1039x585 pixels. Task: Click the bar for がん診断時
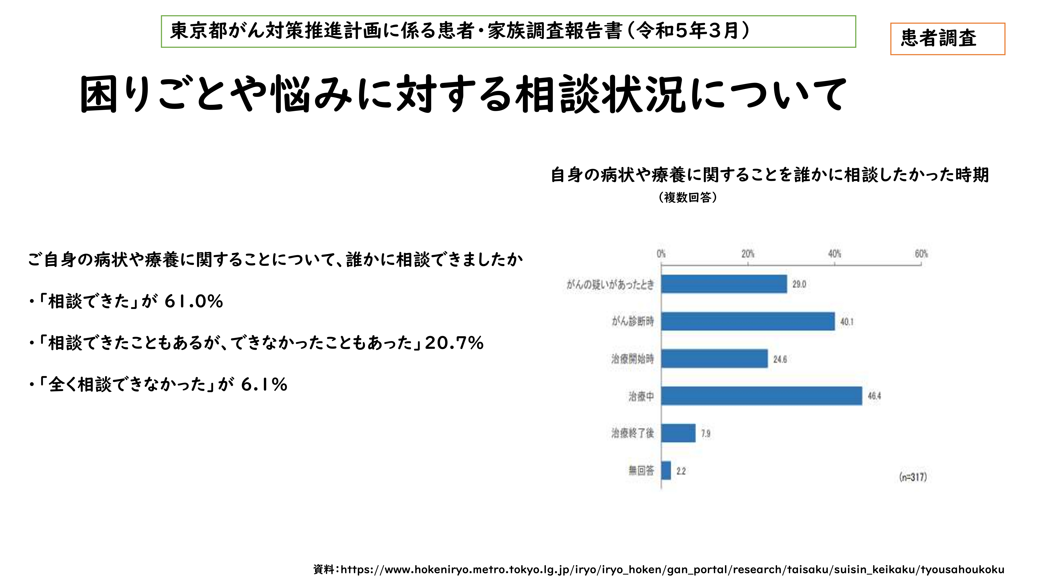747,321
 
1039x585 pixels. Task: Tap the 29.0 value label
799,284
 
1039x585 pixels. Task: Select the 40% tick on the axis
834,254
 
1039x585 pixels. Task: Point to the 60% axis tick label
921,254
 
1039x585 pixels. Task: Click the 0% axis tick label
661,254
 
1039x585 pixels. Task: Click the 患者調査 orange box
947,39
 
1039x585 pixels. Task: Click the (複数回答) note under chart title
688,197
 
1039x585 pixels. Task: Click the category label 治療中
641,396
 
